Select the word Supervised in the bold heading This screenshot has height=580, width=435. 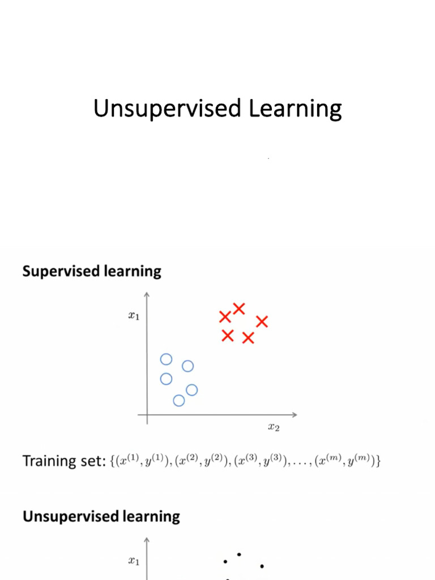pos(60,271)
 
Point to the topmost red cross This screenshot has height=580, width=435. pos(239,309)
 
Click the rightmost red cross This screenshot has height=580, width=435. pos(262,322)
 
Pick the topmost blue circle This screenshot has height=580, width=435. pos(166,359)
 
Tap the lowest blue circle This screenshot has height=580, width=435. pos(179,400)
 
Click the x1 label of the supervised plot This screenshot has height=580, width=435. pos(134,316)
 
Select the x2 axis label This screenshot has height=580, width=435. pos(274,428)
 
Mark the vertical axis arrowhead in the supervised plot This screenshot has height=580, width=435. pos(147,295)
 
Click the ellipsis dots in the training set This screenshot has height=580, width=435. pos(304,464)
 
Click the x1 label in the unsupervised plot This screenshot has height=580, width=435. pos(134,561)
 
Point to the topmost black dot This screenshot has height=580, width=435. pos(240,554)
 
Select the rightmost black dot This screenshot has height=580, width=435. pos(262,566)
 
